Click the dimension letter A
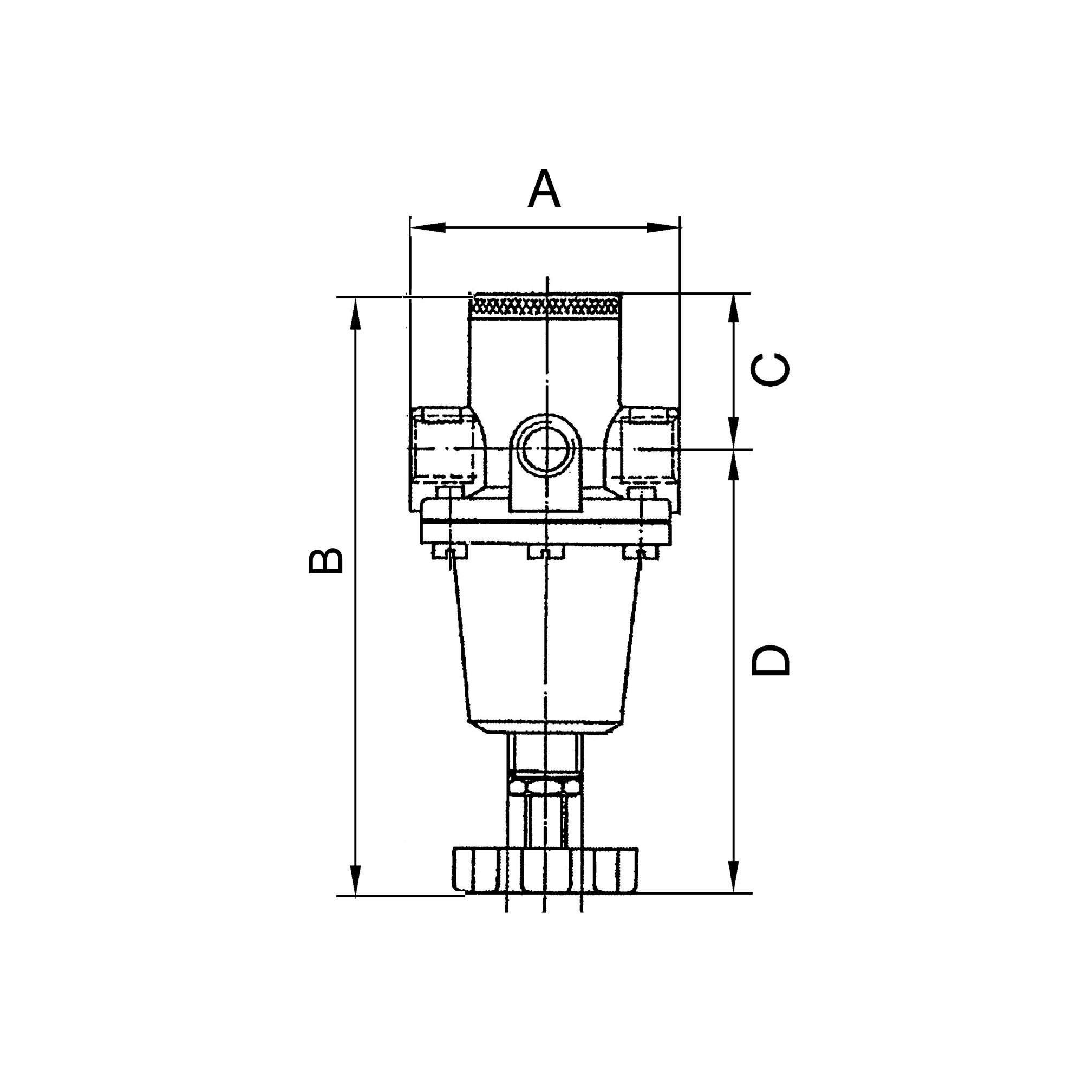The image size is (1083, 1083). coord(544,190)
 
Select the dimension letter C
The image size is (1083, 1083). coord(770,370)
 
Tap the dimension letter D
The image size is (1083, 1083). coord(770,660)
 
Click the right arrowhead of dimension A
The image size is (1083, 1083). coord(663,227)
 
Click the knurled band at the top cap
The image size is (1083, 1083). coord(545,306)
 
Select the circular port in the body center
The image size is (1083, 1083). coord(545,448)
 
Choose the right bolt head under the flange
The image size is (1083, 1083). coord(641,552)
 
